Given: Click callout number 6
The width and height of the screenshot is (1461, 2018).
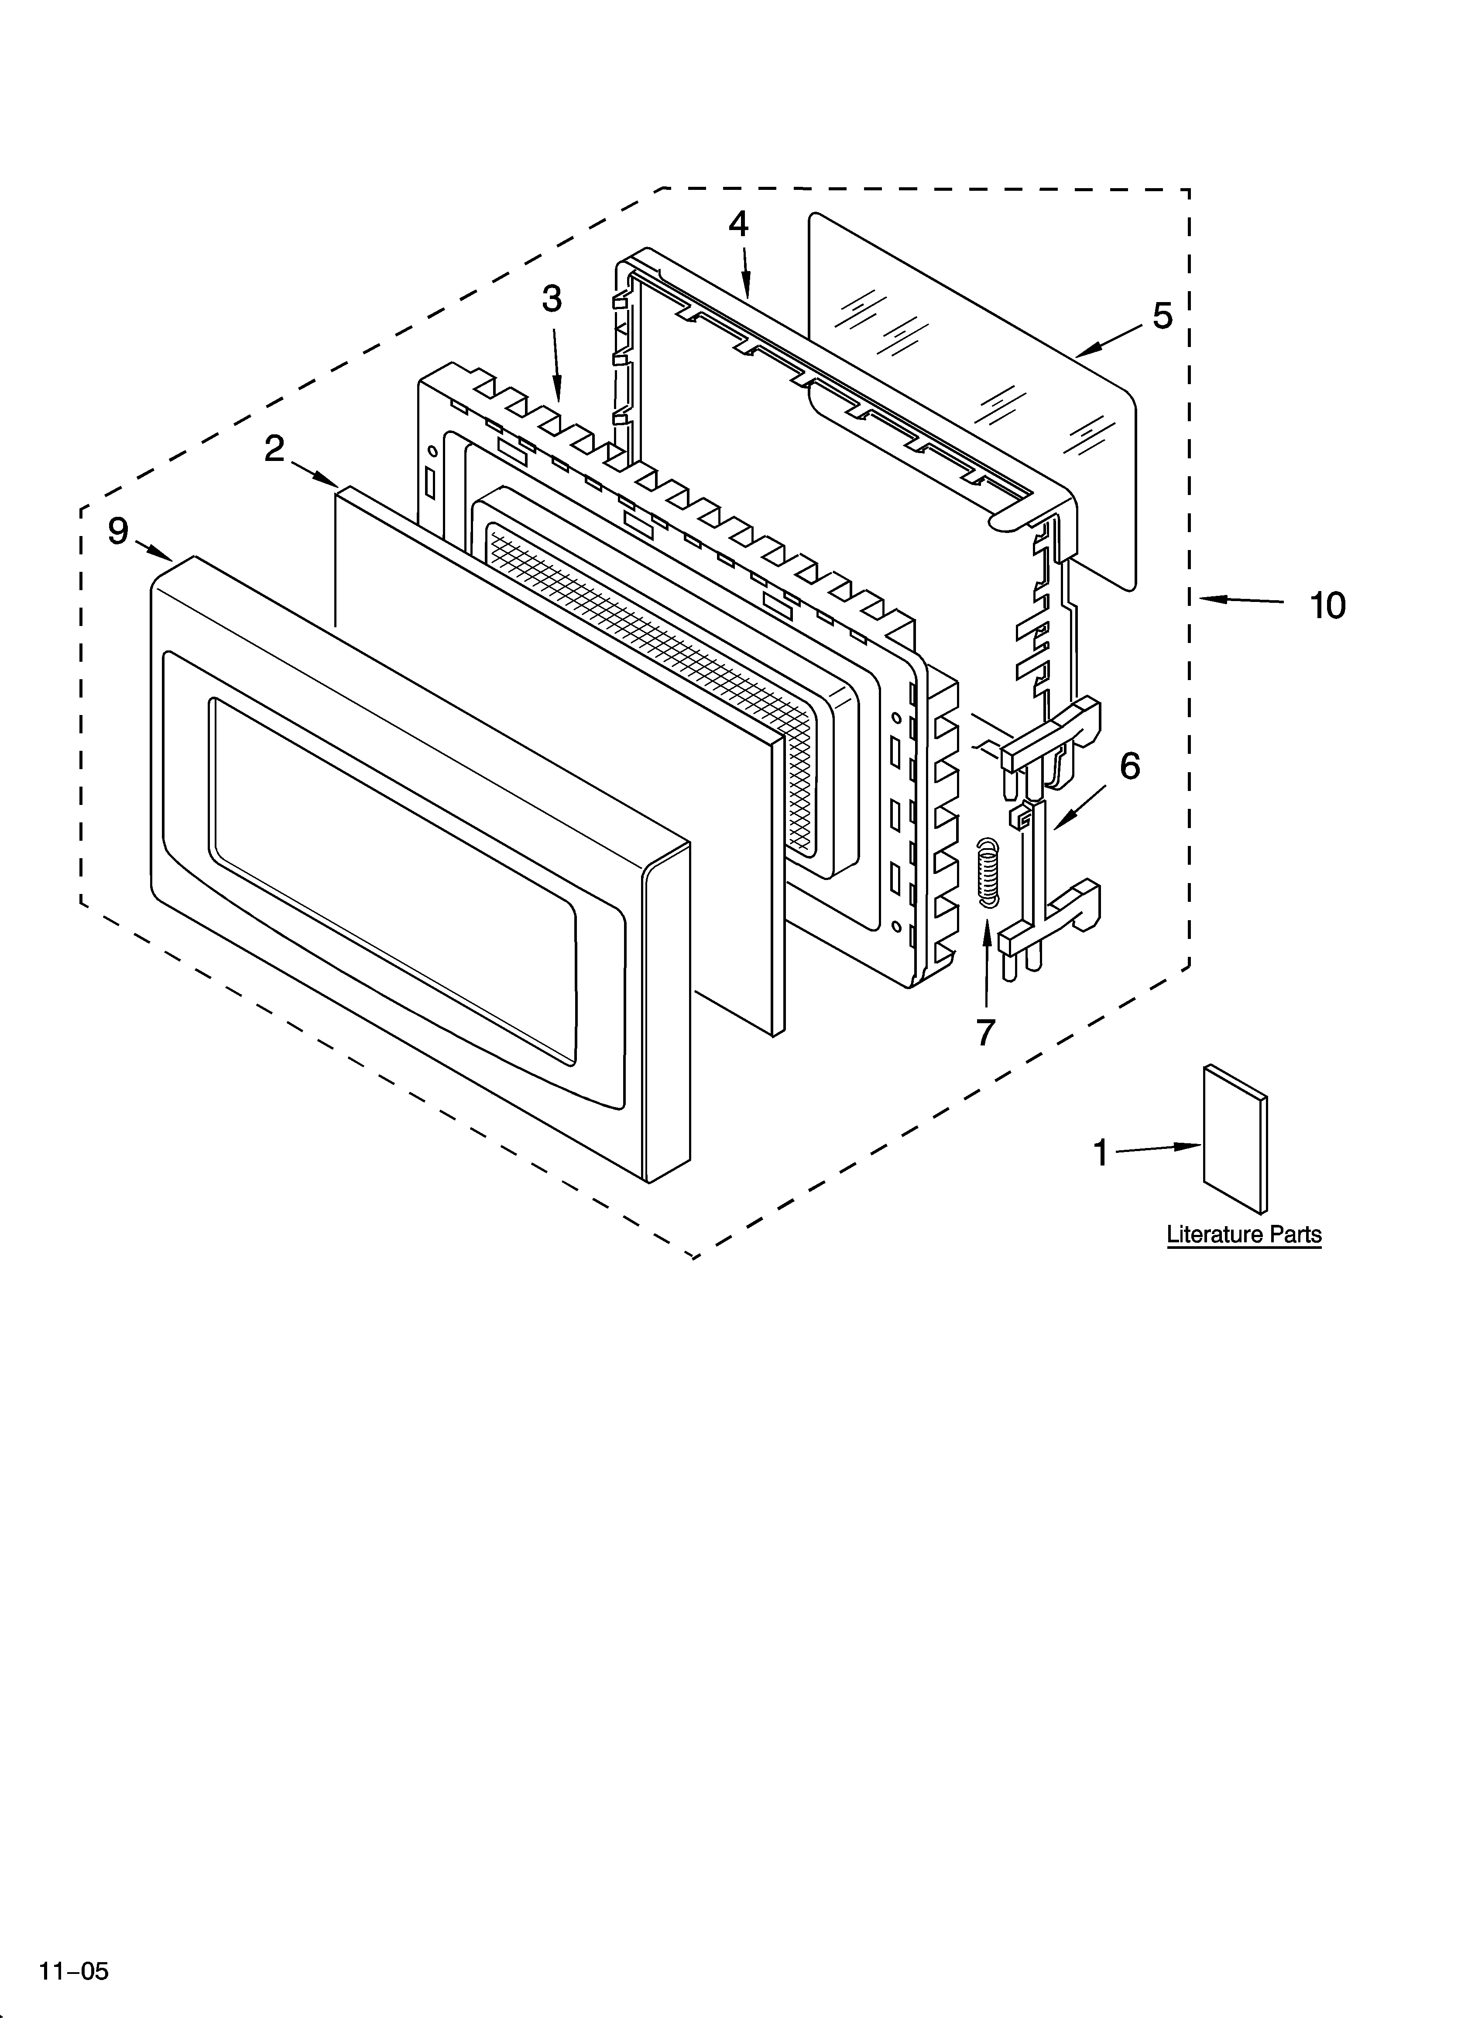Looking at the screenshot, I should pos(1129,766).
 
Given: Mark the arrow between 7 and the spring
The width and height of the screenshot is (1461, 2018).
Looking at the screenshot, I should pos(986,961).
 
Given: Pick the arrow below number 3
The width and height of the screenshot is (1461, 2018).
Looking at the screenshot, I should pos(557,365).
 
